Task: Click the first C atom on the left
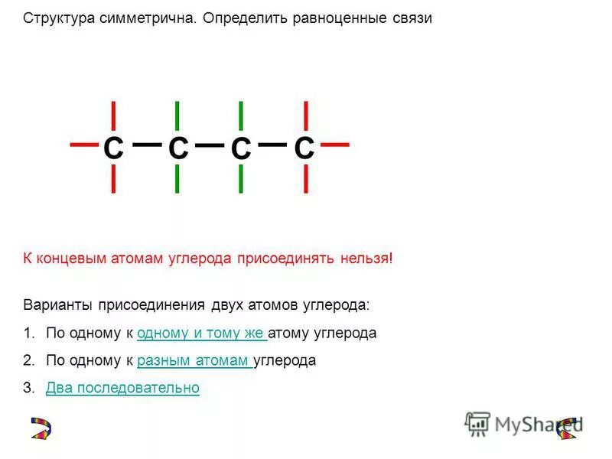coord(113,148)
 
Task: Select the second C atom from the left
coord(177,148)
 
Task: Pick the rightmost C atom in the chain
coord(304,148)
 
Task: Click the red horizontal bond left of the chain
coord(84,143)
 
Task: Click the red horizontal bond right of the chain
coord(335,143)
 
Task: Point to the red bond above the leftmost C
coord(113,115)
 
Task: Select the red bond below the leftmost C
coord(113,178)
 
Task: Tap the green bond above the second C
coord(177,115)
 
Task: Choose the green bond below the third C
coord(241,178)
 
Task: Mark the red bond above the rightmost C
coord(305,115)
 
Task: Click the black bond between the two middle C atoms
coord(209,144)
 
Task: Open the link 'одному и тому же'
coord(202,334)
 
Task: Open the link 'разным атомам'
coord(194,360)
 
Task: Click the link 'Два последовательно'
coord(122,388)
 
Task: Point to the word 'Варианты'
coord(57,304)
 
